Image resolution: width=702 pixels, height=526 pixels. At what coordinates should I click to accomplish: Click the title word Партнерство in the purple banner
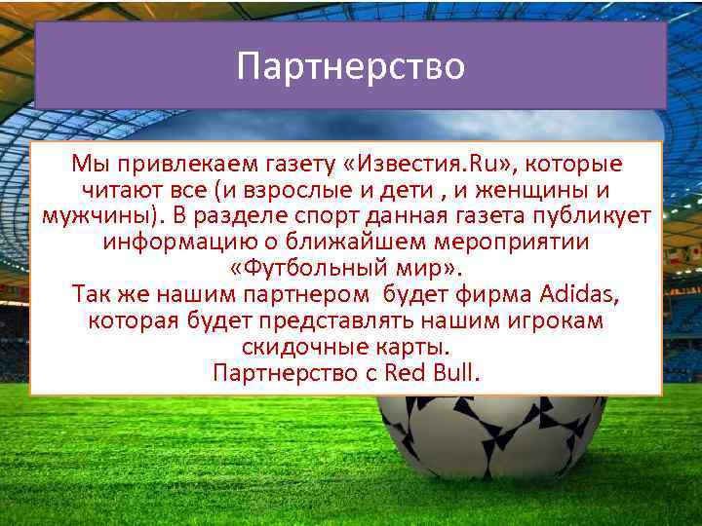point(351,66)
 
